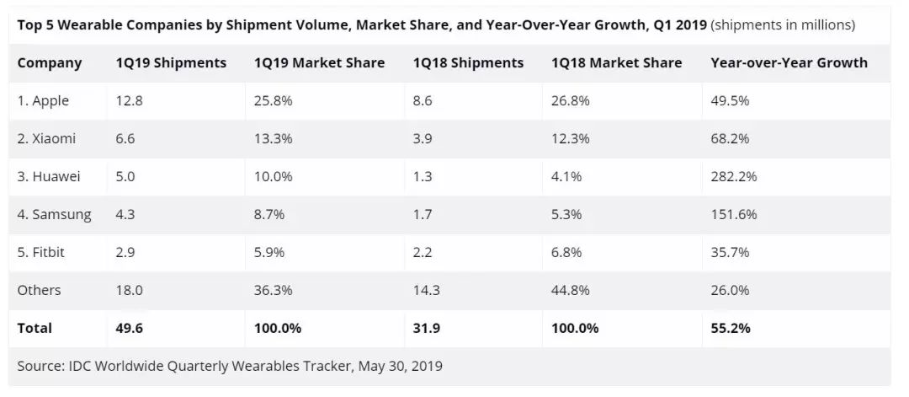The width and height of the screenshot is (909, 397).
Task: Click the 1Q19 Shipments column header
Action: pyautogui.click(x=171, y=63)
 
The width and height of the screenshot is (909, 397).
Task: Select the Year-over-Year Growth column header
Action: pyautogui.click(x=789, y=63)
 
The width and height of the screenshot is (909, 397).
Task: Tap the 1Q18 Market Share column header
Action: pyautogui.click(x=616, y=63)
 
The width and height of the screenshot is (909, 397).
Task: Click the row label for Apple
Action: pyautogui.click(x=43, y=101)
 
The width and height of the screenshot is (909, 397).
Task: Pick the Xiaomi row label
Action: pyautogui.click(x=46, y=139)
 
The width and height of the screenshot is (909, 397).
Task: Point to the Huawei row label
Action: pyautogui.click(x=49, y=177)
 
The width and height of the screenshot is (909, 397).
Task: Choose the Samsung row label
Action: pyautogui.click(x=54, y=215)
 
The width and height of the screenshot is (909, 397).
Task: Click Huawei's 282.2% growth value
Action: pyautogui.click(x=734, y=177)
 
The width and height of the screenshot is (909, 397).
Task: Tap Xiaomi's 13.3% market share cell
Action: pyautogui.click(x=273, y=139)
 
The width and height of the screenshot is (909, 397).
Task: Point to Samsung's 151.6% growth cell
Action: pyautogui.click(x=734, y=215)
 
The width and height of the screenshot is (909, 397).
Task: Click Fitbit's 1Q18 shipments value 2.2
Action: pyautogui.click(x=423, y=253)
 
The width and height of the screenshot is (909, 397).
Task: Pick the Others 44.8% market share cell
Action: pyautogui.click(x=571, y=290)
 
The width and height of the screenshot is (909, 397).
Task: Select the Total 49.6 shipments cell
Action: pyautogui.click(x=129, y=328)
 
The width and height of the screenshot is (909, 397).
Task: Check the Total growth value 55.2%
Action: pyautogui.click(x=731, y=328)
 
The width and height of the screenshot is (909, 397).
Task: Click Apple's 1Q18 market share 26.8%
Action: pyautogui.click(x=571, y=101)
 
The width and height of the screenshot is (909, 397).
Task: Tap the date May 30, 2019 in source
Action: pyautogui.click(x=400, y=367)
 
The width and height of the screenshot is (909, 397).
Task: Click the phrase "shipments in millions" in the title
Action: pyautogui.click(x=783, y=25)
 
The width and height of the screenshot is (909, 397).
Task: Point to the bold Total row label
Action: pyautogui.click(x=35, y=328)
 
